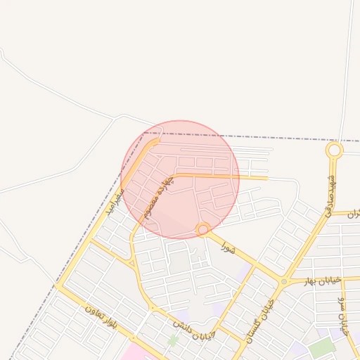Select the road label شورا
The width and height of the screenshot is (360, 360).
(x=227, y=247)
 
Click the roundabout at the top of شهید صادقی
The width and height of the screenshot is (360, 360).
(x=335, y=150)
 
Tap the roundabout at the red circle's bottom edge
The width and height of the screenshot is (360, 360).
(x=202, y=229)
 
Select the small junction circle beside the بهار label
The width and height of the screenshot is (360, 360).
(x=284, y=281)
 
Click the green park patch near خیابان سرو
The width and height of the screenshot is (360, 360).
(x=321, y=347)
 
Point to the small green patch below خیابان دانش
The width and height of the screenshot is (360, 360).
(x=172, y=340)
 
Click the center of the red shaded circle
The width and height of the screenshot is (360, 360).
(x=180, y=179)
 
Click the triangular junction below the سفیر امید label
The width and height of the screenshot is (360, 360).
(x=131, y=262)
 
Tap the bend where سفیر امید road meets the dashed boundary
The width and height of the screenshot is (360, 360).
(x=156, y=141)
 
